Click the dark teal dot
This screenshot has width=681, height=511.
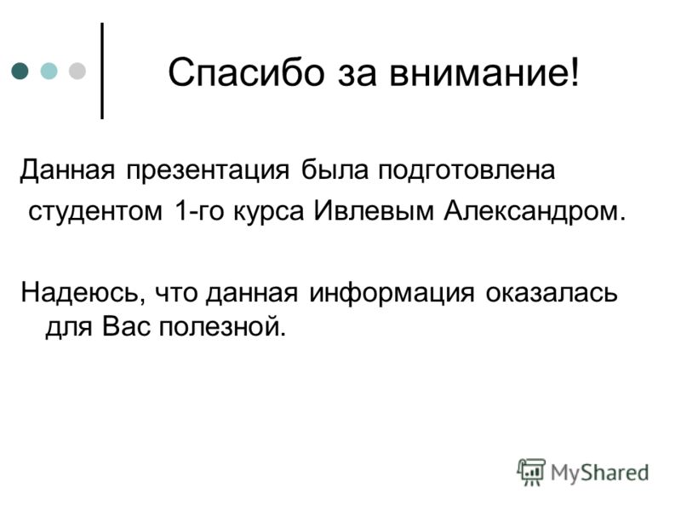click(x=20, y=71)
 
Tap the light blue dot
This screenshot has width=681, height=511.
click(x=49, y=71)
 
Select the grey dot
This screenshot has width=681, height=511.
click(x=77, y=71)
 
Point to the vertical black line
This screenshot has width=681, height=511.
click(x=102, y=71)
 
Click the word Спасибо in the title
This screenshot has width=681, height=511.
click(x=246, y=72)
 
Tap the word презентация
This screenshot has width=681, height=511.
click(x=208, y=169)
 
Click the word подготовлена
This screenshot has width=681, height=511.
click(x=466, y=169)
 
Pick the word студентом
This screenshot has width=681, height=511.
click(x=95, y=211)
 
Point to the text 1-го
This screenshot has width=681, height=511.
click(x=197, y=211)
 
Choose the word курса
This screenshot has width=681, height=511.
click(x=268, y=212)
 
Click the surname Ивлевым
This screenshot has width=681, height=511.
click(x=374, y=211)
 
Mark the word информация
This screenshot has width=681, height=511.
click(x=392, y=293)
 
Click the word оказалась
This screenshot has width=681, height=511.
click(x=551, y=293)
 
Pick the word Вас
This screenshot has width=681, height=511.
click(x=125, y=326)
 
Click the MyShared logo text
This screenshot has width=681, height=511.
click(x=599, y=473)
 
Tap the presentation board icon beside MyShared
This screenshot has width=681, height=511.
click(x=530, y=472)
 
